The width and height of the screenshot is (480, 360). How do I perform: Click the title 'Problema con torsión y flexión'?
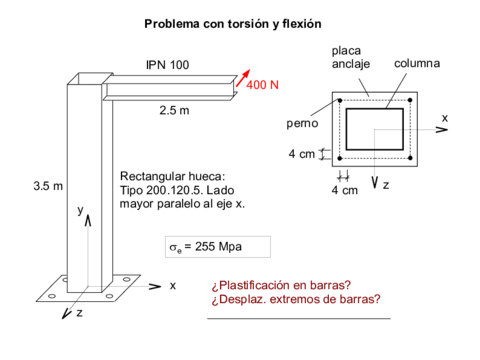coord(239,22)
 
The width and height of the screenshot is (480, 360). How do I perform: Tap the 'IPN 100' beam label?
coord(167,65)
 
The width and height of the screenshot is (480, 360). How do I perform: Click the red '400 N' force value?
coord(263,85)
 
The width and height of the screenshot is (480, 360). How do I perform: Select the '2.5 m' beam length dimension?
coord(174,109)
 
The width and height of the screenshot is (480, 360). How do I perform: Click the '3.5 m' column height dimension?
coord(47,186)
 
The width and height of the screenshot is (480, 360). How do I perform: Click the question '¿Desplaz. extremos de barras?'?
coord(296,299)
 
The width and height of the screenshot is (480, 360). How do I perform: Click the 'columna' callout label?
coord(416,64)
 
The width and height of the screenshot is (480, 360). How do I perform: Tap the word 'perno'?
coord(302,125)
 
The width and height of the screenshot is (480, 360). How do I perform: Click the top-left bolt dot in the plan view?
coord(340,101)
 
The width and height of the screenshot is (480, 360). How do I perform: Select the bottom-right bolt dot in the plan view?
coord(410,158)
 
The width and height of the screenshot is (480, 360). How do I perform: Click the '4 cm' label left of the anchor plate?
coord(301,154)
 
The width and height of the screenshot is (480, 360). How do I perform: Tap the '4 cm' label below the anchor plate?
coord(344,189)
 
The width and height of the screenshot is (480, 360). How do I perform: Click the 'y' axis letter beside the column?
coord(80,210)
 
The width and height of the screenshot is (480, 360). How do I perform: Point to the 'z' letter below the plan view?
coord(386,185)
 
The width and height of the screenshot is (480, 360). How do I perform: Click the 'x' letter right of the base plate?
coord(172,285)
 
